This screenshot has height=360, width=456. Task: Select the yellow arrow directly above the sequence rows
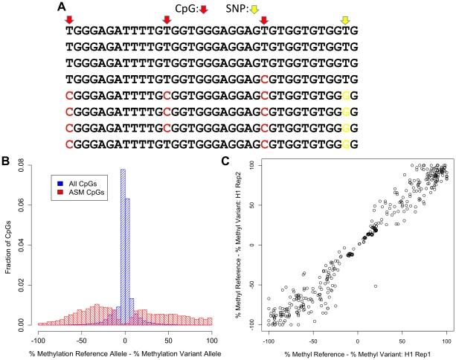tap(345, 19)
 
